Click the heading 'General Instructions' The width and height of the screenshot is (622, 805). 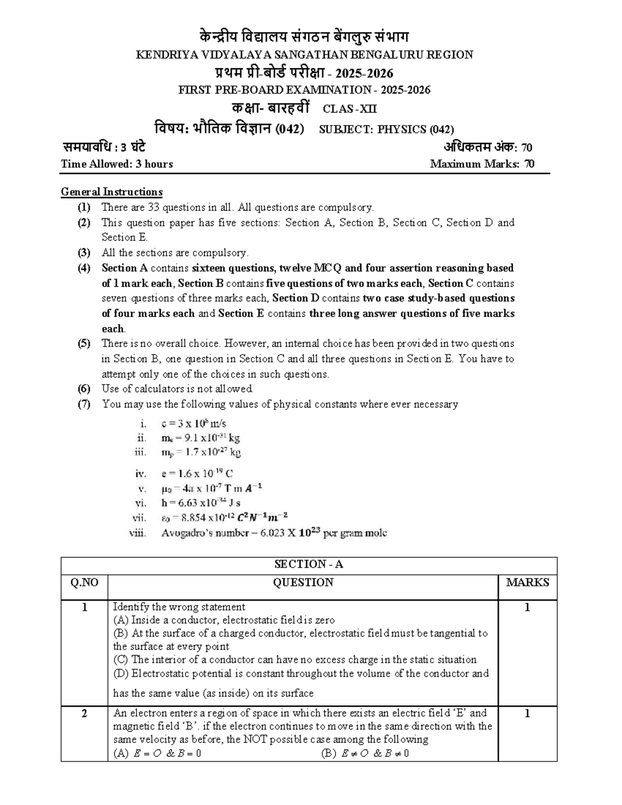click(x=111, y=192)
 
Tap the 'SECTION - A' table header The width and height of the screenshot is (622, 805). click(x=308, y=564)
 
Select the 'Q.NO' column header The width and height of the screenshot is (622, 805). click(x=84, y=583)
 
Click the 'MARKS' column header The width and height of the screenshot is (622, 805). click(x=527, y=583)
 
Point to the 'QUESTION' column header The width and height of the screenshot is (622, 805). click(x=303, y=583)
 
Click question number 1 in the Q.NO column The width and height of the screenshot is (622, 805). click(x=84, y=608)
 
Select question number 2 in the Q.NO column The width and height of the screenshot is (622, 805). click(x=84, y=714)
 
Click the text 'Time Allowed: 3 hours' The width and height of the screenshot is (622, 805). click(x=117, y=164)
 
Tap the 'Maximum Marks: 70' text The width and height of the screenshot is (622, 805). click(x=482, y=164)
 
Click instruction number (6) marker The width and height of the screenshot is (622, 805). click(x=84, y=389)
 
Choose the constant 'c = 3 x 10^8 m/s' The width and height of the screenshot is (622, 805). click(x=194, y=423)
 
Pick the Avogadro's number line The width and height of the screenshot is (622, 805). click(x=274, y=533)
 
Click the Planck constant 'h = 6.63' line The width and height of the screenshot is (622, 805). click(x=201, y=503)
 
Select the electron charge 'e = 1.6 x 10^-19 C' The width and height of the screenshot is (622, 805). click(x=197, y=473)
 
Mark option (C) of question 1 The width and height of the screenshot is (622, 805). click(x=294, y=660)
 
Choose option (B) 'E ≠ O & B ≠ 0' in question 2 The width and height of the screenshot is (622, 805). click(x=365, y=754)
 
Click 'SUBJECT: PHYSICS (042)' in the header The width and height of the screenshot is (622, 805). click(x=386, y=130)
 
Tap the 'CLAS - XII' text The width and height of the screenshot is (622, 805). click(x=350, y=109)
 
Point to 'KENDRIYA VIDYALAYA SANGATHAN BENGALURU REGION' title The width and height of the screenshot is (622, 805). click(x=304, y=55)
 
